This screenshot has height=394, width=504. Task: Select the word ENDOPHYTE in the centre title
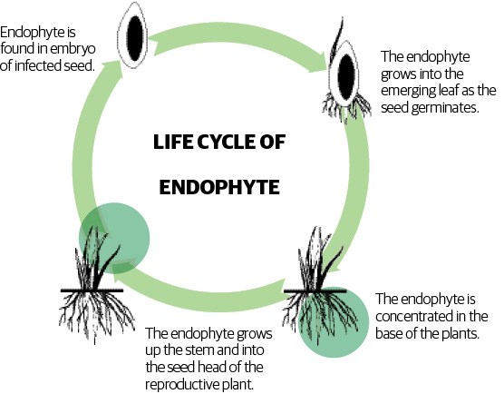[x=219, y=187]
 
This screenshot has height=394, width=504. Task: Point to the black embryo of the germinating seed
[x=346, y=77]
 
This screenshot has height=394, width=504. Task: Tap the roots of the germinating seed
[x=346, y=105]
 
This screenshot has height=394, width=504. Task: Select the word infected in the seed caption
[x=39, y=65]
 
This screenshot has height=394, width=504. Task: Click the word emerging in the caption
[x=407, y=91]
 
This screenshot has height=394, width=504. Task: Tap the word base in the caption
[x=388, y=333]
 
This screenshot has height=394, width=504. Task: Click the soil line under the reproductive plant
[x=92, y=291]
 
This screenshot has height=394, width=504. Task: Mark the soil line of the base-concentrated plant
[x=315, y=291]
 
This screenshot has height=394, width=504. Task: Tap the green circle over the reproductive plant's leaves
[x=114, y=238]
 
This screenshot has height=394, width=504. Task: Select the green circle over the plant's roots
[x=334, y=322]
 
